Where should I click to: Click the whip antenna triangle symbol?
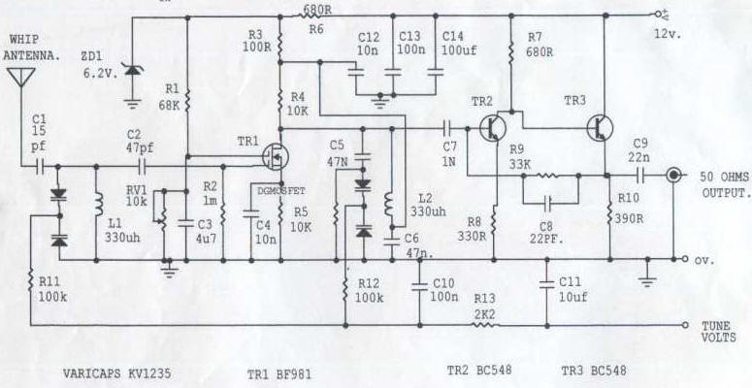coord(21,77)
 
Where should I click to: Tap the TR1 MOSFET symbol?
coord(276,156)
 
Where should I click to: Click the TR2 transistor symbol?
coord(493,128)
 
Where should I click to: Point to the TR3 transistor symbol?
coord(600,128)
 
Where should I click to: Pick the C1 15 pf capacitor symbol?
coord(41,167)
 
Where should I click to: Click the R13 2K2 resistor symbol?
coord(485,325)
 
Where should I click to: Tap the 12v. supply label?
coord(668,35)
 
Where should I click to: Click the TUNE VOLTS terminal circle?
coord(686,325)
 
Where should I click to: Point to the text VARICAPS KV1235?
coord(116,373)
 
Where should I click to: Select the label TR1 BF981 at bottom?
coord(278,373)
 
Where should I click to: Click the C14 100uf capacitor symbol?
coord(436,73)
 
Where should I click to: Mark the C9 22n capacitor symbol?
coord(640,176)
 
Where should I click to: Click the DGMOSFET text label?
coord(281,191)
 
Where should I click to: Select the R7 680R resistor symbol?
coord(510,51)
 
